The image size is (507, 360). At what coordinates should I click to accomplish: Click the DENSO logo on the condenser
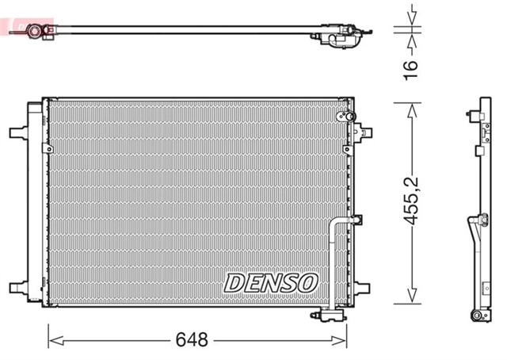tap(272, 282)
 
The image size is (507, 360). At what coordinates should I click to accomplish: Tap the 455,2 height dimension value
tap(410, 204)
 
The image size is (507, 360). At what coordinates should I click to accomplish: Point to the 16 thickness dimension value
tap(410, 70)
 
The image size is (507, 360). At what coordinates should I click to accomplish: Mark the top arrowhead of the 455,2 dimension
tap(410, 108)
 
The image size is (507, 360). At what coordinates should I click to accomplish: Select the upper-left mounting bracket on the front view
tap(17, 131)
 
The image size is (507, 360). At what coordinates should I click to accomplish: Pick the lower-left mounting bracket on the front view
tap(17, 288)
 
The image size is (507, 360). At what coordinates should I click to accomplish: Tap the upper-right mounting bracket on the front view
tap(363, 131)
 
